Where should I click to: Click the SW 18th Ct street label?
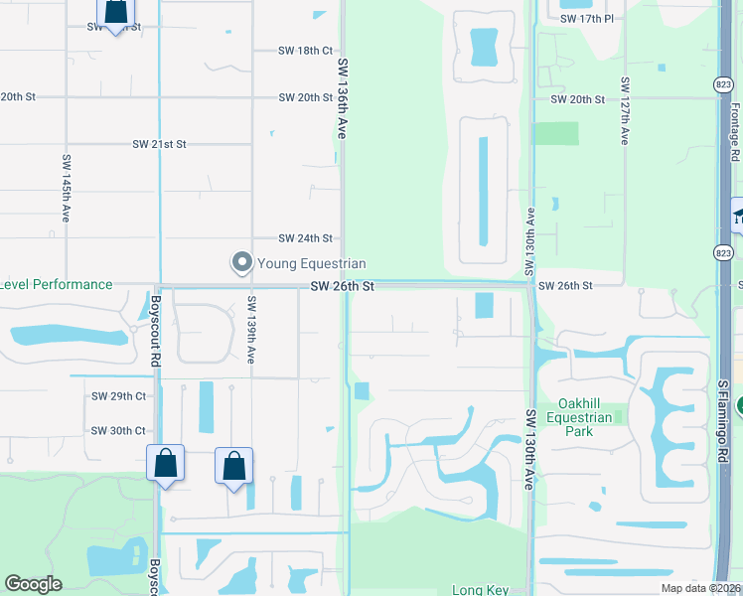pos(306,50)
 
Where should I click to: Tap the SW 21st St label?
pos(160,144)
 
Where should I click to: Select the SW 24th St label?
pos(305,238)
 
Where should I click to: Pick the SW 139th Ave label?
pos(252,328)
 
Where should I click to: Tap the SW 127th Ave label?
pos(625,111)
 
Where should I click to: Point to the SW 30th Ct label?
pos(118,431)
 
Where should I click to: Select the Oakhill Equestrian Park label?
pos(589,418)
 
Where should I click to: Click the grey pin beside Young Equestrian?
pos(241,263)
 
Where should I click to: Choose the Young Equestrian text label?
pos(312,264)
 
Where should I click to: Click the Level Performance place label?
pos(56,284)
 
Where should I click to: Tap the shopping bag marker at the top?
pos(115,13)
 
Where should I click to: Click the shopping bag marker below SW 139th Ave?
pos(233,466)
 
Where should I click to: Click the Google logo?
pos(33,584)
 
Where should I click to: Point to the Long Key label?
pos(481,590)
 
